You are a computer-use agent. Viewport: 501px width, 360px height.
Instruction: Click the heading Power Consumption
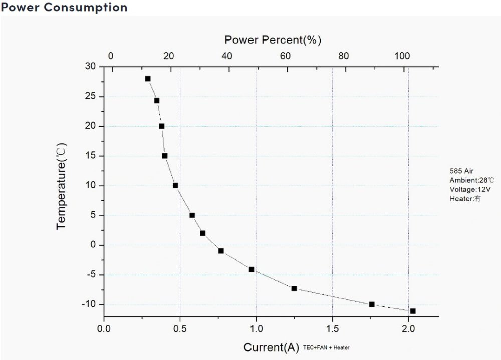click(64, 7)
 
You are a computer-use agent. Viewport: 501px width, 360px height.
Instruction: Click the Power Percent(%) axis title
click(273, 40)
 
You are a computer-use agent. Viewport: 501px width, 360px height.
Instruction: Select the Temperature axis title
click(62, 186)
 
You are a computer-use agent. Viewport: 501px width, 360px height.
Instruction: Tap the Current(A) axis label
click(271, 347)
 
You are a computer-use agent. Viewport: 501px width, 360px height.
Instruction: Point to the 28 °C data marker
click(148, 79)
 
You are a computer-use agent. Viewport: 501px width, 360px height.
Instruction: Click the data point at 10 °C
click(175, 185)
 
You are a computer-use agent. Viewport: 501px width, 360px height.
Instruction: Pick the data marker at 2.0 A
click(412, 311)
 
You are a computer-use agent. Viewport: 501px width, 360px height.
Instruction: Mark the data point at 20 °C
click(161, 126)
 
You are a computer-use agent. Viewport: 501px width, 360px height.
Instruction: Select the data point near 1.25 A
click(294, 288)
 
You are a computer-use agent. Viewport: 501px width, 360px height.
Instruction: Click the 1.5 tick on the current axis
click(332, 329)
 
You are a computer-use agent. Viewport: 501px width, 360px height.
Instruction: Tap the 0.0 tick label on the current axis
click(104, 329)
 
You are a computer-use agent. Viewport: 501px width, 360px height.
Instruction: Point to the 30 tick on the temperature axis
click(90, 67)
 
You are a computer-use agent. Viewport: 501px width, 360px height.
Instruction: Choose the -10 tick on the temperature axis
click(88, 304)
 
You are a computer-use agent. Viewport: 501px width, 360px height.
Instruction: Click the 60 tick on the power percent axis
click(285, 56)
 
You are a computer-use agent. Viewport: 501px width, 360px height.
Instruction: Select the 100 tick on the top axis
click(401, 56)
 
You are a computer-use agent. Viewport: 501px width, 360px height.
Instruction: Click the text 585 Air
click(461, 171)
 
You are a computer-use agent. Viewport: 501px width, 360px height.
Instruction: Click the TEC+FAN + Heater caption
click(326, 347)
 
